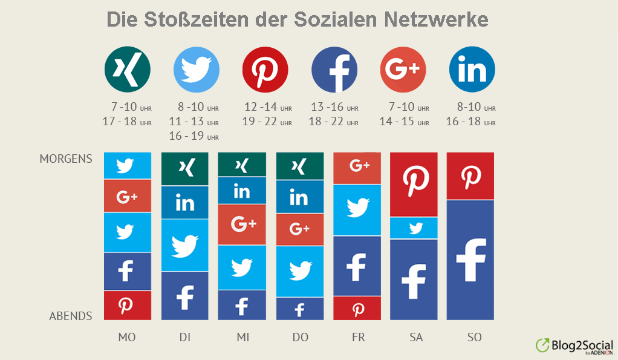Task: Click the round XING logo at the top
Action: pos(127,69)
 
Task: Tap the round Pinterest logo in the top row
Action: pos(265,69)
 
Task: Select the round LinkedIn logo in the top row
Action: pos(472,69)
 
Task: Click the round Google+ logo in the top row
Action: pos(403,69)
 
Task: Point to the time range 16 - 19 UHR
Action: pos(194,136)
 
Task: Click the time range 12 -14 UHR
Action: pos(268,107)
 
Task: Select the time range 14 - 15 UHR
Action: pos(404,122)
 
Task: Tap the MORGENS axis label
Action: pos(66,159)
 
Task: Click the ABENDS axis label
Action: pos(71,316)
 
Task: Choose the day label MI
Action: pos(242,337)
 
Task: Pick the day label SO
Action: pos(474,337)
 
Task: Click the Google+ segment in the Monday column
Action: pos(127,196)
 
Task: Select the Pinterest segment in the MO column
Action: pos(127,305)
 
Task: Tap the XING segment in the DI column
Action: pos(184,169)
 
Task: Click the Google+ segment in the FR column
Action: pos(357,168)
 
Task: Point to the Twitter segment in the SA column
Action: pos(414,228)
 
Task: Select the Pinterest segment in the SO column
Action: pos(470,175)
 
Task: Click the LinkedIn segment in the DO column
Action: pos(299,197)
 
